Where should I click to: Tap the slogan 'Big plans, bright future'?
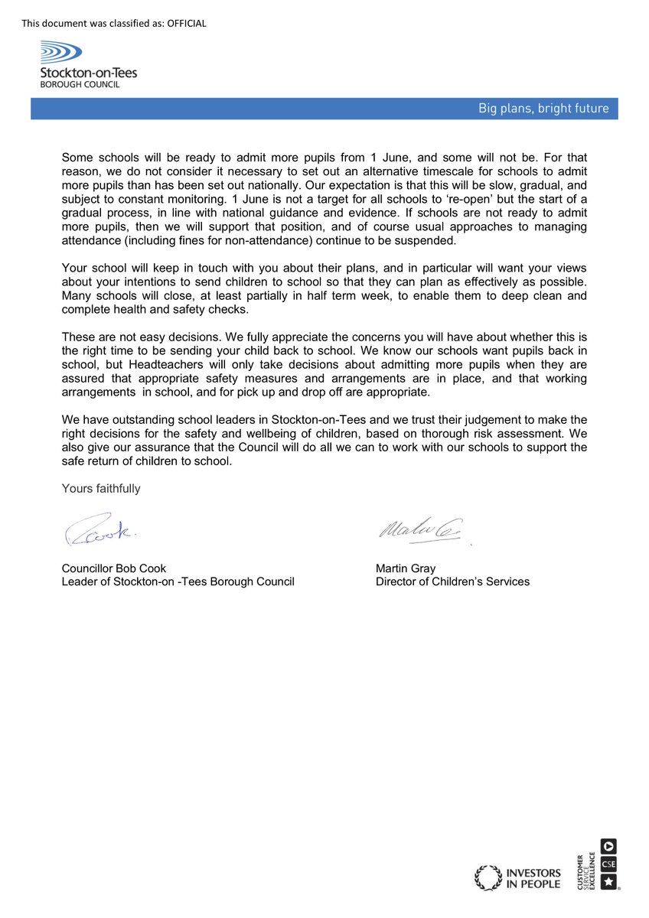pos(543,109)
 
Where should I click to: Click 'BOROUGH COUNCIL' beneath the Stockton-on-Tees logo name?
pos(80,84)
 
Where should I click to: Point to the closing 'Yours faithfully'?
pos(101,488)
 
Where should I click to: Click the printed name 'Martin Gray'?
pos(406,568)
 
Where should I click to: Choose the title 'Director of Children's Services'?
pos(452,581)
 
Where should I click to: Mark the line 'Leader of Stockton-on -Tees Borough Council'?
pos(178,581)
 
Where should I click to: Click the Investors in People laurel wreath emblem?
pos(488,877)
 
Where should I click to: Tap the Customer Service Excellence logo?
pos(600,864)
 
